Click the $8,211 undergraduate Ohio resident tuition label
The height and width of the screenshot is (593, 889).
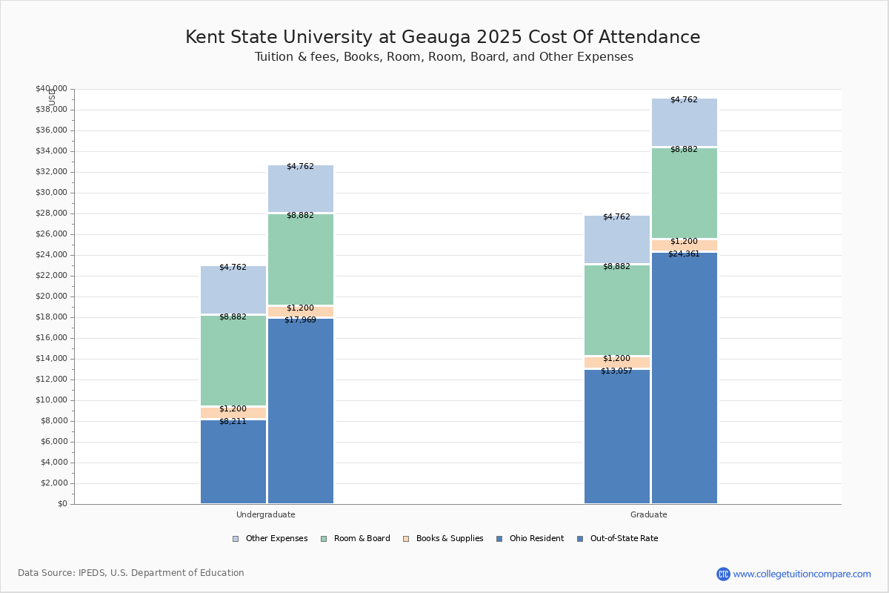tap(233, 421)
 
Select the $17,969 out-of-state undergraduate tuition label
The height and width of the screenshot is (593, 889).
tap(300, 320)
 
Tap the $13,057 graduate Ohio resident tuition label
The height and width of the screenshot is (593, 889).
tap(616, 371)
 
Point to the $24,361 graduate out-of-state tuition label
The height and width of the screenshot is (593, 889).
tap(684, 254)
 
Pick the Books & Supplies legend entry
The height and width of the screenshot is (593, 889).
tap(442, 539)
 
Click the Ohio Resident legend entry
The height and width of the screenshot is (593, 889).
tap(530, 539)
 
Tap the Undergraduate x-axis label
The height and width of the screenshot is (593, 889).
tap(266, 514)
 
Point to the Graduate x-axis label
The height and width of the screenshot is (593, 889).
tap(649, 514)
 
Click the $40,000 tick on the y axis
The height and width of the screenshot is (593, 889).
tap(51, 89)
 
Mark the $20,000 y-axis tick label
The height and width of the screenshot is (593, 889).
tap(51, 296)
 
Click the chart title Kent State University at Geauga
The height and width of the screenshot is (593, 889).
tap(442, 37)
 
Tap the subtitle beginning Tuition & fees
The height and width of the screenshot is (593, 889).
tap(444, 57)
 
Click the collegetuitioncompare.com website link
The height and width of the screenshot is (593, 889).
tap(802, 574)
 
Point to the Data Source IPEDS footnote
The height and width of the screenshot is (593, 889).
tap(131, 573)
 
